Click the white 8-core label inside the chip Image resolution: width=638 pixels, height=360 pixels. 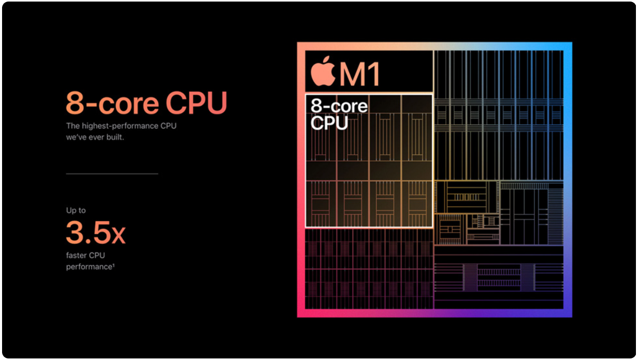[339, 106]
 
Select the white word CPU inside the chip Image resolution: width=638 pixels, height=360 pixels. [329, 123]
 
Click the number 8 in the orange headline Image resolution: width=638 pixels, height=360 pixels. [75, 103]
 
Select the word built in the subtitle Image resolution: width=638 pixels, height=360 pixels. [114, 137]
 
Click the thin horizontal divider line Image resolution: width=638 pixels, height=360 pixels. [112, 174]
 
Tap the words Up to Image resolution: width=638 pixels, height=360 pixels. [76, 210]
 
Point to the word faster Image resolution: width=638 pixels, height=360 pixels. [76, 255]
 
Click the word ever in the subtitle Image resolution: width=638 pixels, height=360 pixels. [95, 137]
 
